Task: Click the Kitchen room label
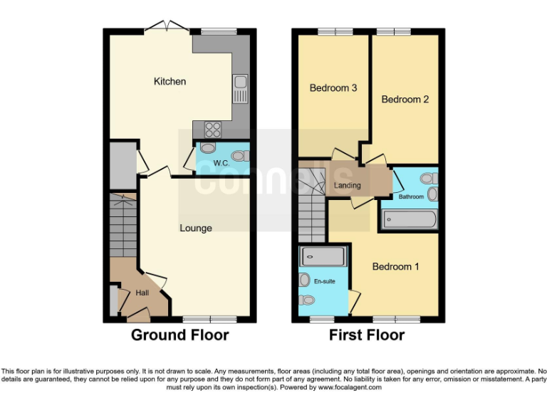pyautogui.click(x=170, y=81)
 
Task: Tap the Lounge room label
pyautogui.click(x=195, y=228)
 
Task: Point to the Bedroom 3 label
pyautogui.click(x=333, y=88)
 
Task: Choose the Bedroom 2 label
pyautogui.click(x=405, y=100)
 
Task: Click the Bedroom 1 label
pyautogui.click(x=395, y=266)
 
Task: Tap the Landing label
pyautogui.click(x=347, y=186)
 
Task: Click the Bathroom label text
pyautogui.click(x=411, y=196)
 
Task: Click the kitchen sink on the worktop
pyautogui.click(x=239, y=88)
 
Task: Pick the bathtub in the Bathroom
pyautogui.click(x=409, y=219)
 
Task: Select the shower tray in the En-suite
pyautogui.click(x=323, y=256)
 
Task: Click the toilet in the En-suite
pyautogui.click(x=305, y=280)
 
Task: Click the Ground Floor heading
pyautogui.click(x=179, y=335)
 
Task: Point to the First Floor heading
pyautogui.click(x=367, y=335)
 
